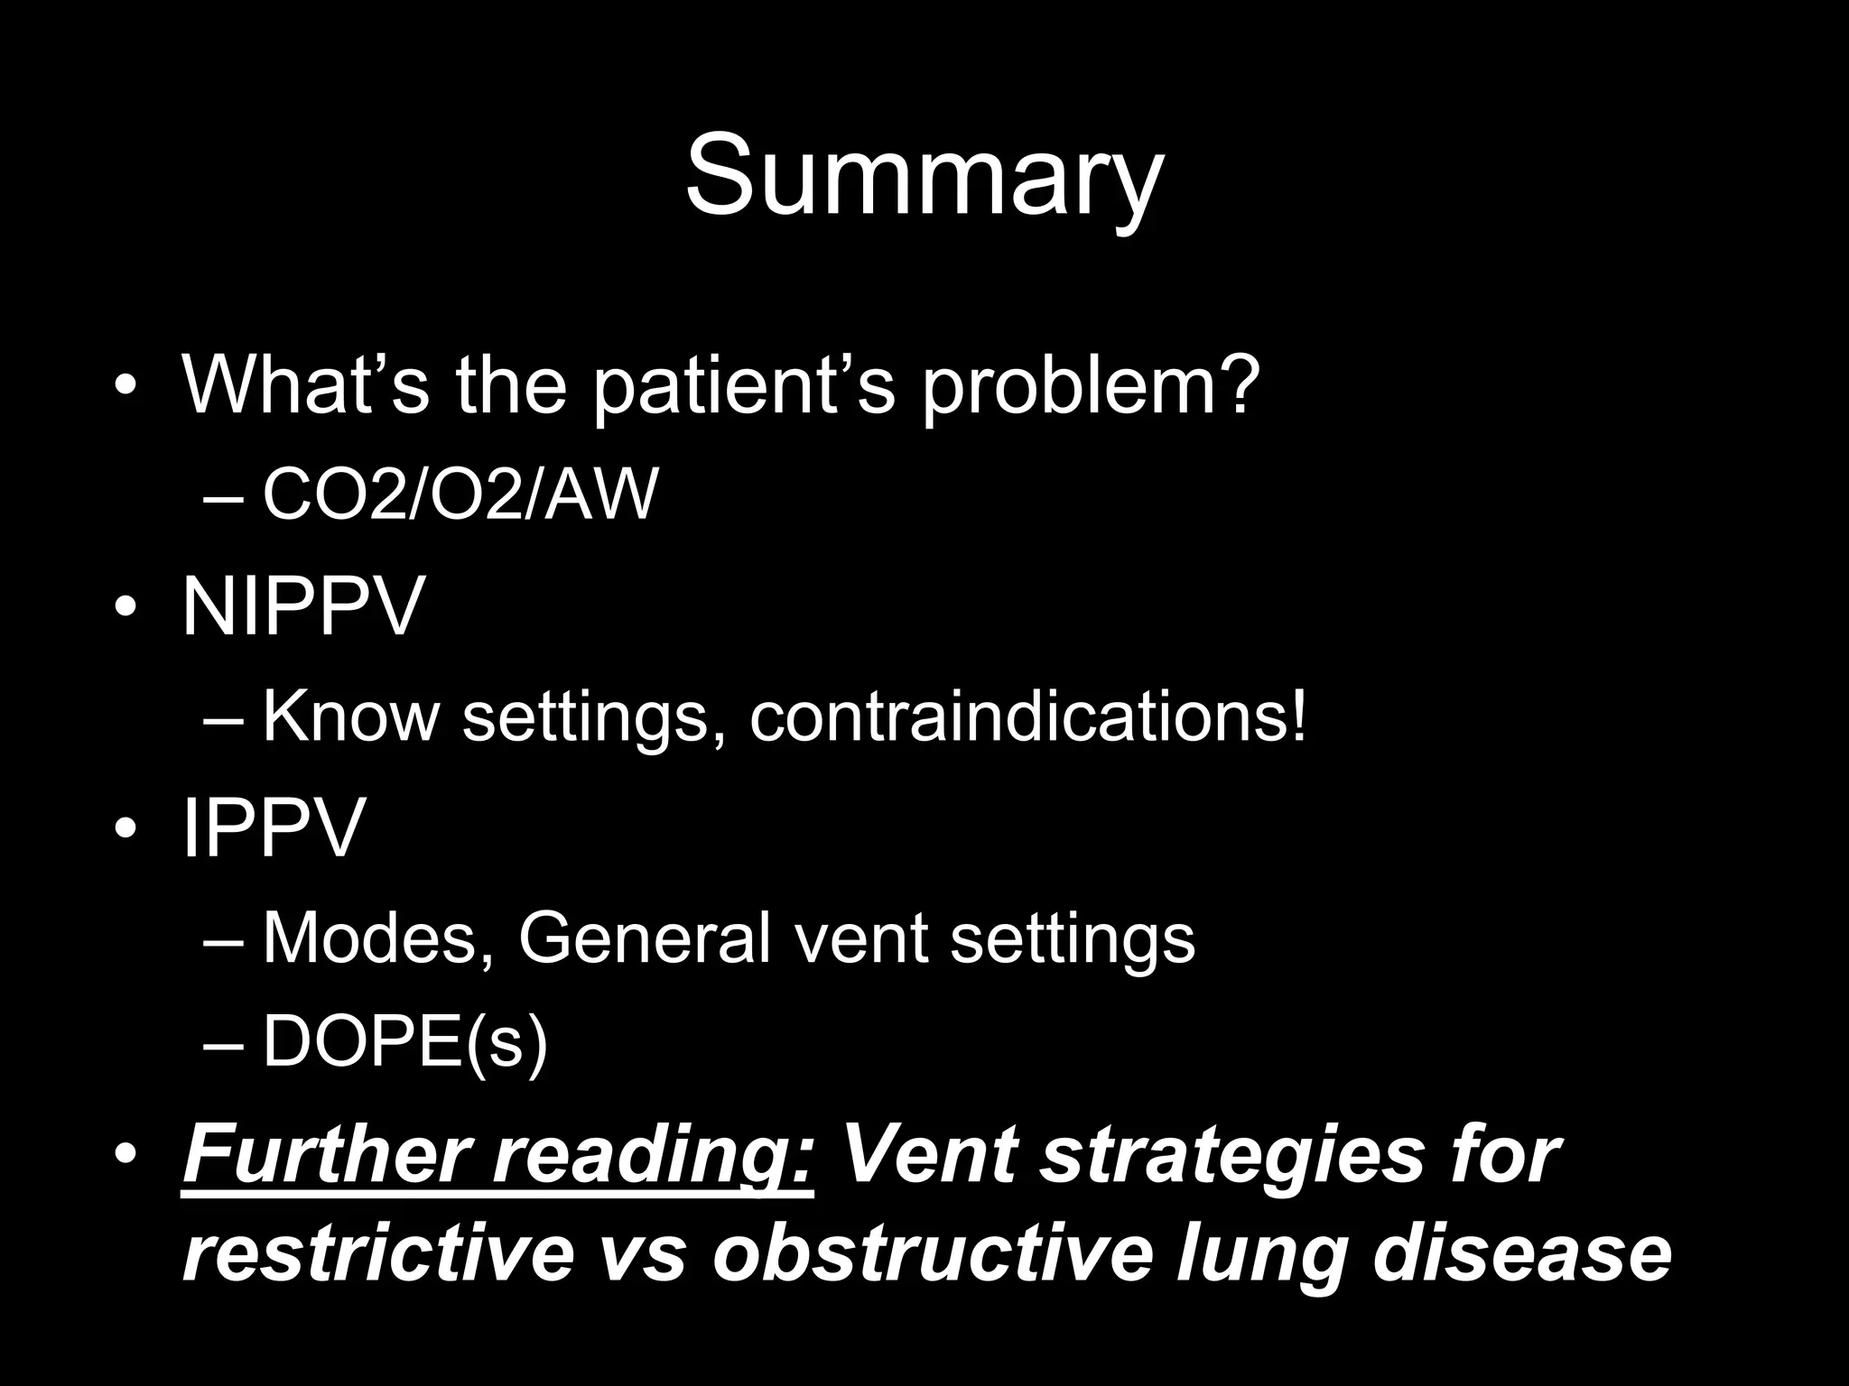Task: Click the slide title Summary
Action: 924,176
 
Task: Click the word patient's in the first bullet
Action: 744,386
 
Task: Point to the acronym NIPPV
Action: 303,606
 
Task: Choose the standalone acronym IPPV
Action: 274,827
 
